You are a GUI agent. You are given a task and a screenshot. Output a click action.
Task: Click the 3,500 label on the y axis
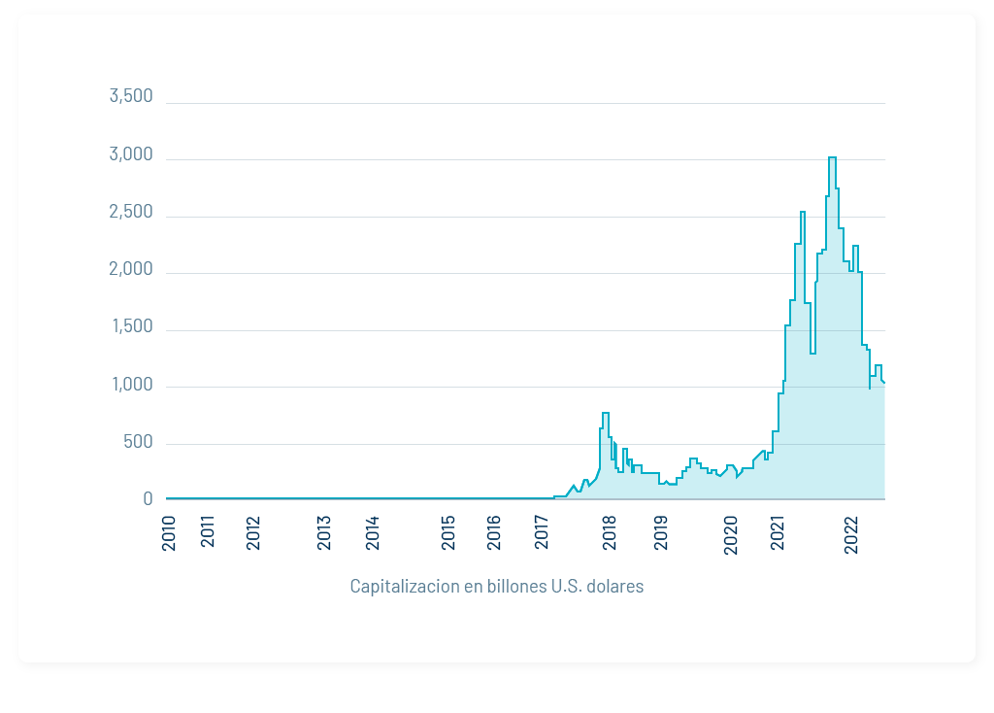coord(131,96)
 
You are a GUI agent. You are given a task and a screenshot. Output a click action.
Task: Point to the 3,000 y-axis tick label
coord(131,154)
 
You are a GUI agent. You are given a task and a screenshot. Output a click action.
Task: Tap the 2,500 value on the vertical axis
coord(131,212)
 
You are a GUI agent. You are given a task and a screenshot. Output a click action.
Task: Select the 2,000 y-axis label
coord(131,269)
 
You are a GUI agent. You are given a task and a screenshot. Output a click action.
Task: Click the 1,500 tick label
coord(131,326)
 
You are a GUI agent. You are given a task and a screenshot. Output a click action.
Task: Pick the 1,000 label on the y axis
coord(131,385)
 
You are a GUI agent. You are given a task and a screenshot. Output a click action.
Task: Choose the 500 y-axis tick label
coord(137,442)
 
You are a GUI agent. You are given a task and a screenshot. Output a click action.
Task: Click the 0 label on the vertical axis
coord(148,499)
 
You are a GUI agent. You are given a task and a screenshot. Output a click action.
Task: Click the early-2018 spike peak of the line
coord(605,414)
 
